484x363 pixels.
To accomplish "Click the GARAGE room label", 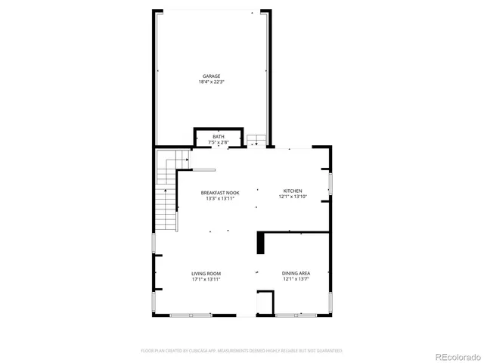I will (x=211, y=76).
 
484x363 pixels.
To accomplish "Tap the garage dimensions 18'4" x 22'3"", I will (x=211, y=82).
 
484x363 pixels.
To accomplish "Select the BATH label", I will (x=218, y=136).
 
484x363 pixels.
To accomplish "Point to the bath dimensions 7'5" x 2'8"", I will (x=218, y=142).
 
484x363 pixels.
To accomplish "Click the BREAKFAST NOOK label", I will (x=220, y=193).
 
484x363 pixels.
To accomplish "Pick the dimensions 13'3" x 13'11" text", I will (x=220, y=199).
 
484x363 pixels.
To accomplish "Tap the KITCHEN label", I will (x=293, y=191).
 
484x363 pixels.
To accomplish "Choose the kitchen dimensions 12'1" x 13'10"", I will (x=293, y=197).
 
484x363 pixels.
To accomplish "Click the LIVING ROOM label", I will (x=206, y=273).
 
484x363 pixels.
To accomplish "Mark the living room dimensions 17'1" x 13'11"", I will (x=206, y=279).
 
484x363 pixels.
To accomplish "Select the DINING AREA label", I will (x=296, y=273).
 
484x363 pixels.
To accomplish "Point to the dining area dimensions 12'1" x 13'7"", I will (x=296, y=279).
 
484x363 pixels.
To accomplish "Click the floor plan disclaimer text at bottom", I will (x=242, y=351).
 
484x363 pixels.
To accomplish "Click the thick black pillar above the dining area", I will (x=260, y=243).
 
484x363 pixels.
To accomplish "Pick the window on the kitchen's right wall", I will (x=330, y=185).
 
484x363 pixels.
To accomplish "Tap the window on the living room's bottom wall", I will (x=191, y=314).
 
